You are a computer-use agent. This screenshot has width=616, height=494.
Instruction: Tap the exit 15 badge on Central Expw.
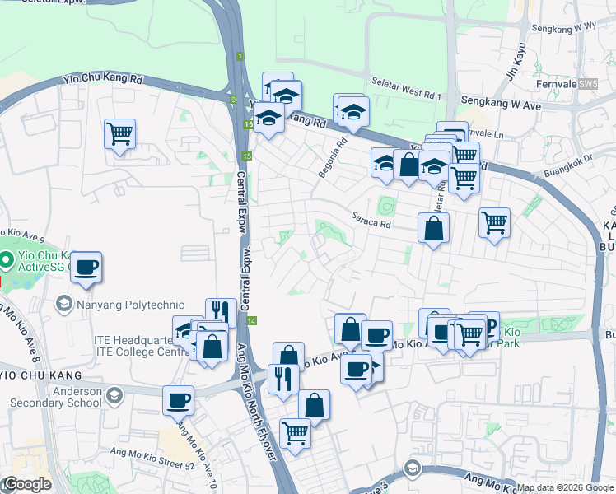(x=246, y=156)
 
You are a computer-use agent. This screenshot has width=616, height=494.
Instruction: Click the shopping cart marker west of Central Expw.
(x=119, y=133)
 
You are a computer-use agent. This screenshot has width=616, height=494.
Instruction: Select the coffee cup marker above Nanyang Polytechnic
(x=86, y=267)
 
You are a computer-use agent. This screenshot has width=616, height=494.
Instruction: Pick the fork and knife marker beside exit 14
(x=221, y=311)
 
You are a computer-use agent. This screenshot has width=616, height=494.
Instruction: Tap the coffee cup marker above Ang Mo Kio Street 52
(x=178, y=400)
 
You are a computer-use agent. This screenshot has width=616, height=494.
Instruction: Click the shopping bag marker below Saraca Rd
(x=433, y=227)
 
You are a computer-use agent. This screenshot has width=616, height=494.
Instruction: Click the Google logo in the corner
(x=27, y=485)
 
